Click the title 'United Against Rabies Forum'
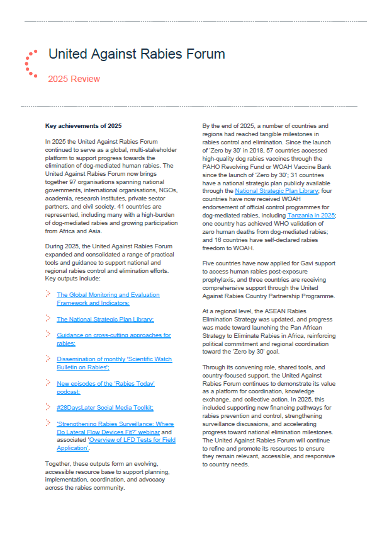(137, 55)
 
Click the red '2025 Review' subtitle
(74, 79)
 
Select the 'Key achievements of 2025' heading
(84, 126)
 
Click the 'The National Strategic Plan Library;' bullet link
(105, 319)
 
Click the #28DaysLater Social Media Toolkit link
(104, 407)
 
